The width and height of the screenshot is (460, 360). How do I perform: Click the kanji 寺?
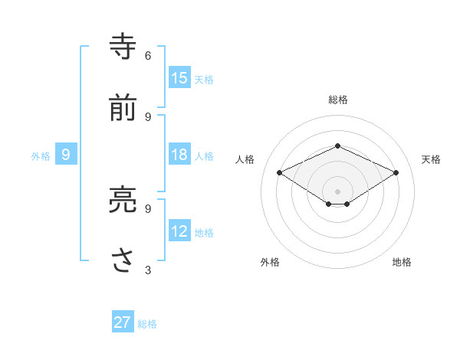pos(123,47)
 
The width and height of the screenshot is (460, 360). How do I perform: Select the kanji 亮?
pos(123,200)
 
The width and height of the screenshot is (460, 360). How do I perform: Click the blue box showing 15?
pos(179,77)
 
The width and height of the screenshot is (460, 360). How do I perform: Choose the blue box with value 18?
pos(179,155)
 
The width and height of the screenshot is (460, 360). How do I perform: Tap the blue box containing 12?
pos(179,231)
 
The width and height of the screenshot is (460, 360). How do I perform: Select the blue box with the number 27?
pos(123,322)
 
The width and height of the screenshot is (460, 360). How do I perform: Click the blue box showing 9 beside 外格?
pos(66,155)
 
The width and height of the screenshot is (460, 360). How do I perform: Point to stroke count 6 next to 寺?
pos(148,55)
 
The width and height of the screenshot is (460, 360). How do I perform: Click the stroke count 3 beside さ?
pos(148,270)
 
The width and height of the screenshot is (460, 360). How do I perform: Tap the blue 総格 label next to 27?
pos(147,324)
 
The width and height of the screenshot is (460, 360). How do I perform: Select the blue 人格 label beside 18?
pos(204,156)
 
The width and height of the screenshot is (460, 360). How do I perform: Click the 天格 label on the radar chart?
pos(431,159)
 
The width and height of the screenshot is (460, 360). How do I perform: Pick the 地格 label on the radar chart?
pos(402,262)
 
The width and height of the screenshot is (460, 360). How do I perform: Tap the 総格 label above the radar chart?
pos(338,100)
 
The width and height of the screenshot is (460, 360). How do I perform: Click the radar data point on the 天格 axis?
pos(396,173)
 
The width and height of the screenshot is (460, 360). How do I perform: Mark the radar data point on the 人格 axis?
pos(280,173)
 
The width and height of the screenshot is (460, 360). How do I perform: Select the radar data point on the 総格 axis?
pos(338,146)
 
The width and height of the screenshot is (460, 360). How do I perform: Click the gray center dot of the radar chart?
pos(338,190)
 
